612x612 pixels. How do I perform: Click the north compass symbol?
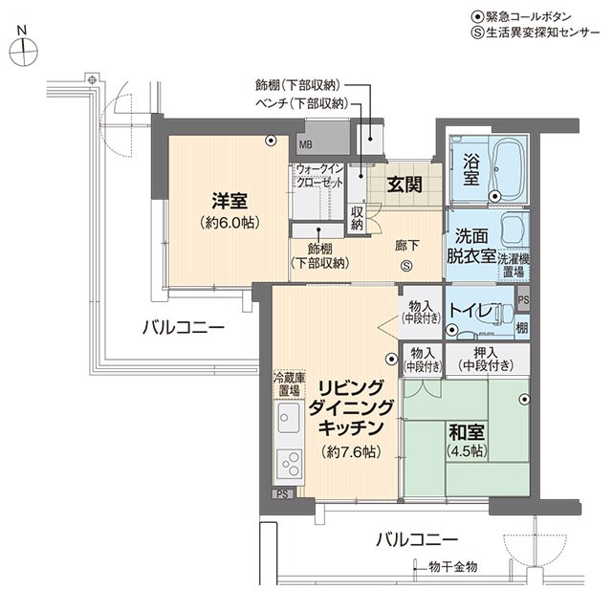click(24, 50)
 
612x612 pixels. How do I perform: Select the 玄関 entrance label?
click(404, 185)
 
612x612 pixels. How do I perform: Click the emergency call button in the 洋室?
click(271, 141)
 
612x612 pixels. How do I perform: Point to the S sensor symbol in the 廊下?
click(406, 266)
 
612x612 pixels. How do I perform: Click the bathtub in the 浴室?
click(510, 168)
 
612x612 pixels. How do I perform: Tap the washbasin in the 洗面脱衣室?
click(515, 229)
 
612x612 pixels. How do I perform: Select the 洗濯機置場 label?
click(514, 265)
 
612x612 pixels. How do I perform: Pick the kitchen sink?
click(289, 418)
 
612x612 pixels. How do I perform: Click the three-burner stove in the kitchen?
click(290, 464)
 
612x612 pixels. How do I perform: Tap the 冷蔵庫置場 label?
click(289, 383)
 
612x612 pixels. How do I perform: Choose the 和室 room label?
click(467, 431)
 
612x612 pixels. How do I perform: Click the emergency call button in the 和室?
click(525, 400)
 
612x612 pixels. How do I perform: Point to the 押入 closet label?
click(486, 353)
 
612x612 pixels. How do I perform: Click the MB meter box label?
click(306, 144)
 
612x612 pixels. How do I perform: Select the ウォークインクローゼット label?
click(319, 176)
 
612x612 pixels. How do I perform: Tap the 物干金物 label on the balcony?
click(452, 567)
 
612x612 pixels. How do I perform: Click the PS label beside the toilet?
click(523, 299)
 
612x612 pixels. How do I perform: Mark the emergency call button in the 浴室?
click(495, 196)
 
